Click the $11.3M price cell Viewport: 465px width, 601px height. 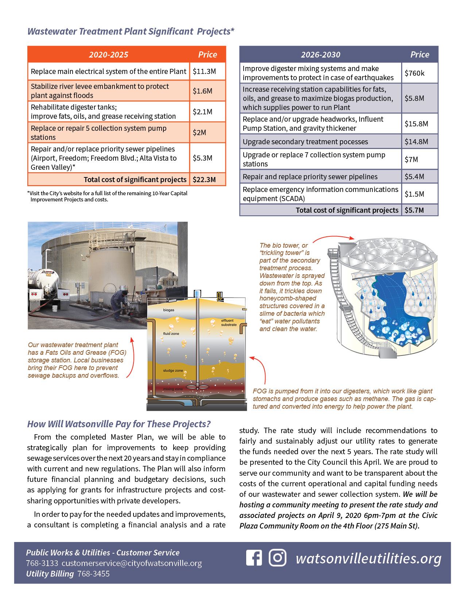click(204, 71)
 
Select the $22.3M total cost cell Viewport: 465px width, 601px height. click(204, 180)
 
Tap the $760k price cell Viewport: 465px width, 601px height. click(415, 73)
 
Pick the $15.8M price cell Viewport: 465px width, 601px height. click(416, 123)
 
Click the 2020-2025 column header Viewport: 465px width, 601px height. click(108, 55)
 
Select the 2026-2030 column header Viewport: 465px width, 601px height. click(320, 55)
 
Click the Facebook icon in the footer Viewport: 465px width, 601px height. click(254, 558)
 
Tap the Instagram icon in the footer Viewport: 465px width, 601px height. click(278, 558)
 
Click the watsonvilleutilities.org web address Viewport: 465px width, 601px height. click(368, 558)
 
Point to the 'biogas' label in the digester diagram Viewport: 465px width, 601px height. click(168, 310)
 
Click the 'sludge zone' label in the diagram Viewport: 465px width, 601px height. click(173, 370)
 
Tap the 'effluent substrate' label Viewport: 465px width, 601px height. click(229, 322)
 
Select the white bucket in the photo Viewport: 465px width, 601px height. click(55, 308)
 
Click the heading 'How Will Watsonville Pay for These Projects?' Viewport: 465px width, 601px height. click(119, 424)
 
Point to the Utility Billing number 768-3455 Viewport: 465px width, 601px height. click(93, 574)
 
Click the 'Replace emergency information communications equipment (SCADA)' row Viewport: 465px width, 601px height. click(320, 194)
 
